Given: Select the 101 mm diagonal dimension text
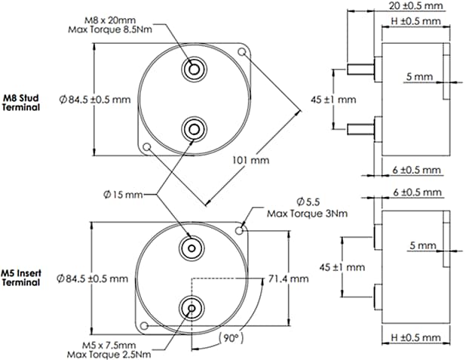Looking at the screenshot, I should click(244, 160).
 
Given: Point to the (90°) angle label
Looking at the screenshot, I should click(227, 337).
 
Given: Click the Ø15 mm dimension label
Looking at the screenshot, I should click(123, 195).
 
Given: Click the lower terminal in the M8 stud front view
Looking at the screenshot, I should click(194, 127).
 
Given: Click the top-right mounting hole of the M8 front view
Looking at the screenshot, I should click(242, 52).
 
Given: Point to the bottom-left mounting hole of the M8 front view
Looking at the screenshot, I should click(147, 145).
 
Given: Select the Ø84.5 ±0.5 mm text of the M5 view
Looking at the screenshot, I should click(93, 278).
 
